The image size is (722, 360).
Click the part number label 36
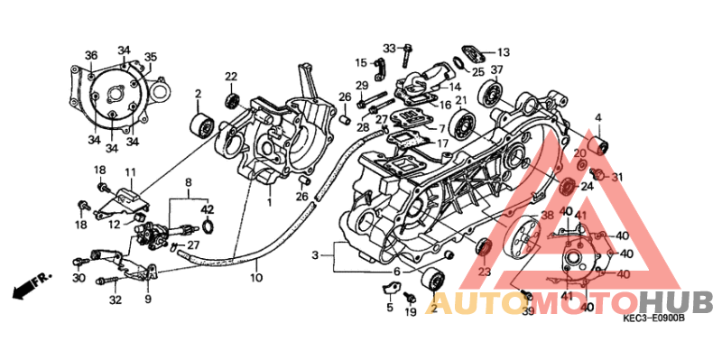pos(91,56)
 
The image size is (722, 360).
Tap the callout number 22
pos(231,76)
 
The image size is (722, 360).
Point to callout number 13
pos(504,51)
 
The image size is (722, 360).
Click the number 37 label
pos(497,69)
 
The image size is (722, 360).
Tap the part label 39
pos(528,311)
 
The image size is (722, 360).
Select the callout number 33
pos(389,48)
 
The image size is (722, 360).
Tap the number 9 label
pos(147,299)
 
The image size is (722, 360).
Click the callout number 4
pos(597,117)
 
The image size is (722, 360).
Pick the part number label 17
pos(442,143)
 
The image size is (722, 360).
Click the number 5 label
pos(390,308)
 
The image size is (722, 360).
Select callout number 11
pos(130,172)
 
